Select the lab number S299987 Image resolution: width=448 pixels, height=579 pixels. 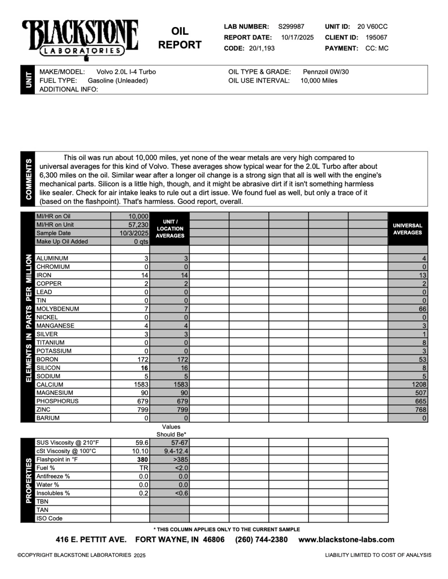click(291, 27)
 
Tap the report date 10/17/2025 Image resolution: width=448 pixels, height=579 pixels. click(298, 37)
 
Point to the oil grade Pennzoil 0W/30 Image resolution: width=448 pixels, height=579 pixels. click(326, 72)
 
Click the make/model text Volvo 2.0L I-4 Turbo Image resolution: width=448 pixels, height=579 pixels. click(126, 72)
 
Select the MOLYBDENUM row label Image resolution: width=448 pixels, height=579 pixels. click(58, 309)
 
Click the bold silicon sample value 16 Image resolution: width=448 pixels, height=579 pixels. click(144, 368)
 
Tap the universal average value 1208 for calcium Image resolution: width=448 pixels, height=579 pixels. click(419, 385)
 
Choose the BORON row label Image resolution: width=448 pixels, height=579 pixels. click(47, 359)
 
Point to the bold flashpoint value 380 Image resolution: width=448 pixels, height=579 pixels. click(142, 460)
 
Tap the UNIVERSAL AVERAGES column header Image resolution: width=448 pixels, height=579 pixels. click(407, 229)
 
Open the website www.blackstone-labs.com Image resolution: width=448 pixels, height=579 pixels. click(347, 539)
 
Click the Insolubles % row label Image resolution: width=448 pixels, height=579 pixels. click(53, 493)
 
